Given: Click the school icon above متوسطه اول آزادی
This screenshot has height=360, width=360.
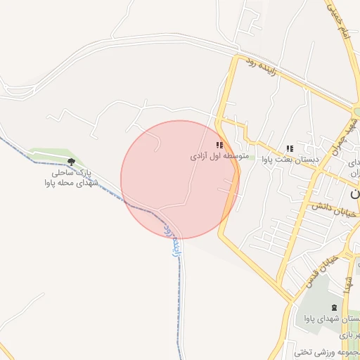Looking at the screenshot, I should (x=219, y=145).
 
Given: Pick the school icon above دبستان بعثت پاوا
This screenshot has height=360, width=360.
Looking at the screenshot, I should (x=289, y=148).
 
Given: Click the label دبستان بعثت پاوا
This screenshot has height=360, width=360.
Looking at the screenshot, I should (x=290, y=160).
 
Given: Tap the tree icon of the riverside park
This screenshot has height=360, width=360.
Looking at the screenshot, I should (x=70, y=161).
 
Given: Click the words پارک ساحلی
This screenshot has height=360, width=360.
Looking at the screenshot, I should (x=70, y=172).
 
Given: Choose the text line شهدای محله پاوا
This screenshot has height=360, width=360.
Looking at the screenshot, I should (x=70, y=183).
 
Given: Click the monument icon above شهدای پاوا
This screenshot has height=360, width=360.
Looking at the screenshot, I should (x=333, y=308).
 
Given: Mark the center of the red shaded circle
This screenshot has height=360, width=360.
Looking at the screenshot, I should (x=180, y=179).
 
